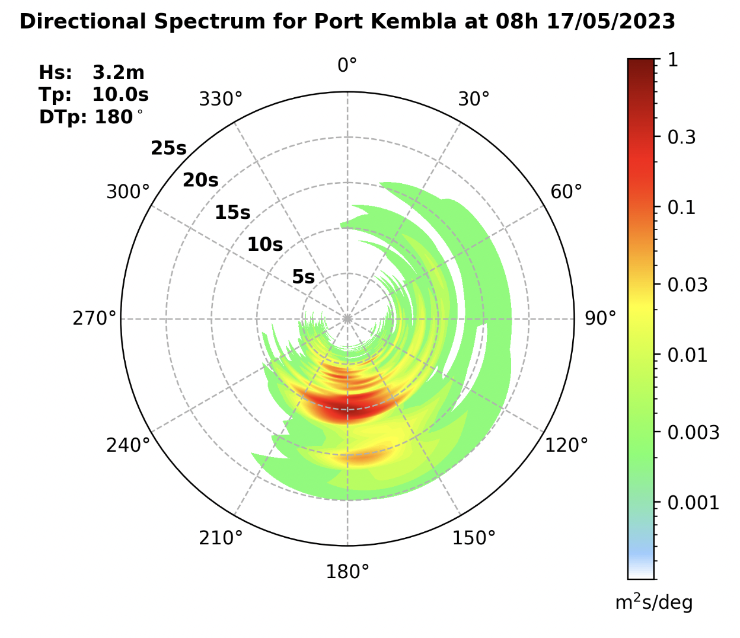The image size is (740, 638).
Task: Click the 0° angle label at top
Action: click(347, 65)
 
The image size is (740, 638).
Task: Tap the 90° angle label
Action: click(600, 318)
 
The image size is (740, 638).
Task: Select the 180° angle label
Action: click(347, 572)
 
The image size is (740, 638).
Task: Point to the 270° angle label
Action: click(94, 318)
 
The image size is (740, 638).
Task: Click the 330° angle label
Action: click(221, 99)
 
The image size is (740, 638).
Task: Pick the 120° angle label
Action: click(566, 445)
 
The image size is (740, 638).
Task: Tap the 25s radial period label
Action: click(168, 148)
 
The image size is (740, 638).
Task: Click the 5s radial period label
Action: click(303, 277)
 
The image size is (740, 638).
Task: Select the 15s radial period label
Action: click(232, 212)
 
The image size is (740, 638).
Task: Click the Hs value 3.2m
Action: click(118, 72)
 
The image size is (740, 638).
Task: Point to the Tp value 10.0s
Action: click(120, 95)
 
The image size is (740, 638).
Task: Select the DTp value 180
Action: click(114, 117)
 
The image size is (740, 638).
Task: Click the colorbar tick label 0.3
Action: click(681, 137)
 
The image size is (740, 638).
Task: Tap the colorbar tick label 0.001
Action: click(693, 503)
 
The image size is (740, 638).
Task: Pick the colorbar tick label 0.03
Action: click(687, 285)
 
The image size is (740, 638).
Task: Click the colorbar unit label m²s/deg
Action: click(653, 603)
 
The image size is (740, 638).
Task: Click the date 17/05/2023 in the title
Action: click(611, 22)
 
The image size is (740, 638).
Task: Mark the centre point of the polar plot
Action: click(347, 319)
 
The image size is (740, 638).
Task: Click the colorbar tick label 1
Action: click(672, 60)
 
